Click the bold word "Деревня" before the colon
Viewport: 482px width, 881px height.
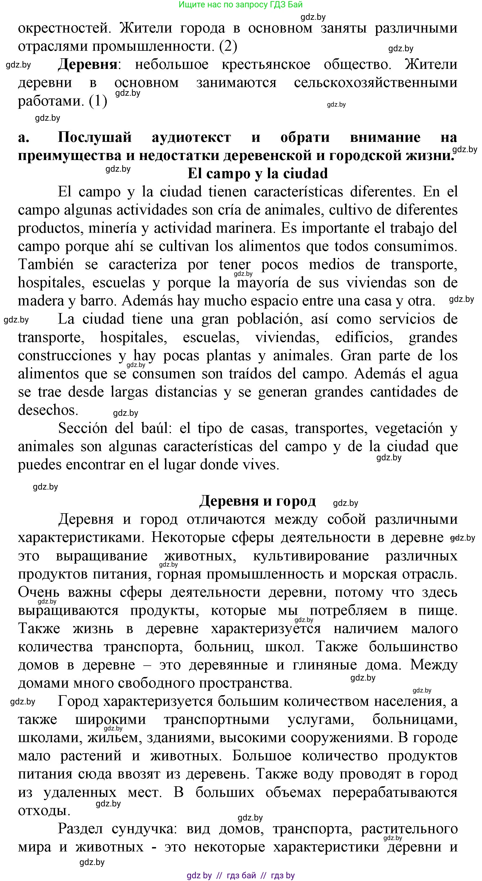pos(88,64)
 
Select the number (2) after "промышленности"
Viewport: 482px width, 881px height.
pos(228,46)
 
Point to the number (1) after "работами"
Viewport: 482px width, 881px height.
pos(98,101)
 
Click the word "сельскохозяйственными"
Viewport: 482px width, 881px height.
pos(375,83)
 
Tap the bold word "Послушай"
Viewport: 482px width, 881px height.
pos(95,137)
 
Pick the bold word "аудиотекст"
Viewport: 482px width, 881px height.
pos(191,137)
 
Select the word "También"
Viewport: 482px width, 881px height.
pos(46,264)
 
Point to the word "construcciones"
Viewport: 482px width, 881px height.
pos(64,356)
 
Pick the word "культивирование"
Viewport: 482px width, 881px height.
pos(311,556)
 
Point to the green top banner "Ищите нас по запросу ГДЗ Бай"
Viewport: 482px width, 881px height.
pos(241,4)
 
